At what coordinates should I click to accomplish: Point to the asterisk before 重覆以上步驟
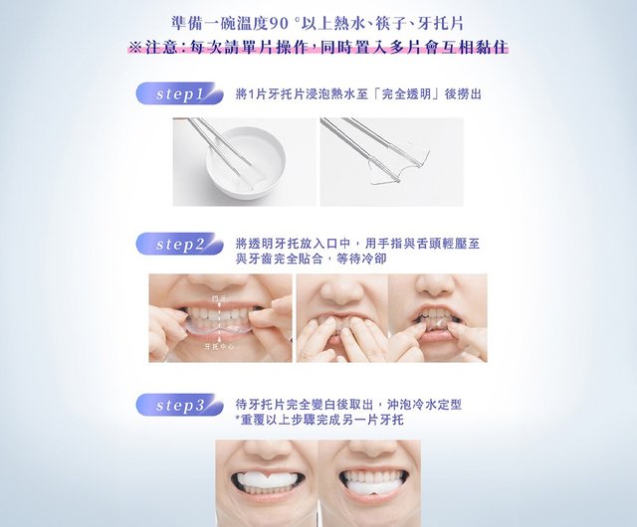click(x=239, y=422)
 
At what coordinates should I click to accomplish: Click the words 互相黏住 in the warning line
click(x=487, y=47)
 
